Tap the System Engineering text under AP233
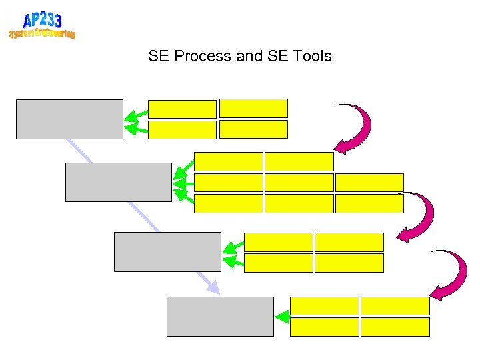point(42,33)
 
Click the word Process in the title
point(202,56)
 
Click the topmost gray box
point(69,119)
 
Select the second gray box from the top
point(119,182)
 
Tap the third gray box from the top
point(167,251)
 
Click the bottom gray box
point(220,316)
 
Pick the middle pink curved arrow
point(418,217)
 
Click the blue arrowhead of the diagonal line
point(213,288)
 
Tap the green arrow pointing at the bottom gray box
point(281,317)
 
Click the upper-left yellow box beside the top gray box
point(182,109)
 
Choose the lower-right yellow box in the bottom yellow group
point(395,327)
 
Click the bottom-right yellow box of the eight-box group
point(369,203)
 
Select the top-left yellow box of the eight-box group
point(229,161)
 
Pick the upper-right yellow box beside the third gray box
point(349,242)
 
